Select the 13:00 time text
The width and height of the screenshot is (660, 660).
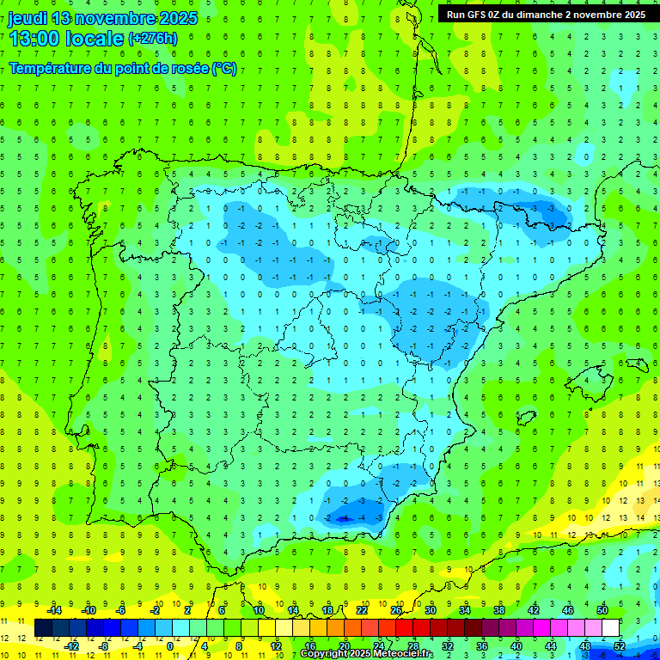[x=35, y=39]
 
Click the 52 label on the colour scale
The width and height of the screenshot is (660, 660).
[x=619, y=646]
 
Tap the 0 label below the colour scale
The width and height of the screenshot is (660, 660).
[x=170, y=646]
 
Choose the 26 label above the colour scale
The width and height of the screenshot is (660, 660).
[x=396, y=610]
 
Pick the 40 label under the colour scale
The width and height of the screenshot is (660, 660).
[x=516, y=646]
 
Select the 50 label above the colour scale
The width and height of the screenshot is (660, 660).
[x=602, y=610]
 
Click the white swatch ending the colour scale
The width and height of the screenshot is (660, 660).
[x=610, y=628]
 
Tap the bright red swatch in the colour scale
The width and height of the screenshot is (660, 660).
[x=404, y=628]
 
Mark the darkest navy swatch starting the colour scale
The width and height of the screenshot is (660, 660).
[x=43, y=628]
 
